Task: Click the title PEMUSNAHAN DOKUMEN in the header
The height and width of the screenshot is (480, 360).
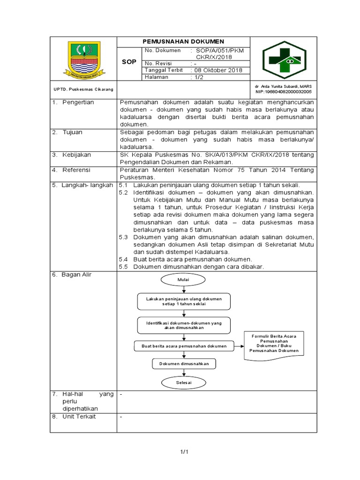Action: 184,42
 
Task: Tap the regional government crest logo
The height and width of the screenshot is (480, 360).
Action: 84,59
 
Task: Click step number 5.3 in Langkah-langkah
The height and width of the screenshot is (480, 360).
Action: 123,237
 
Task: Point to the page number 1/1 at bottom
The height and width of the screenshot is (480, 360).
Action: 184,452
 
